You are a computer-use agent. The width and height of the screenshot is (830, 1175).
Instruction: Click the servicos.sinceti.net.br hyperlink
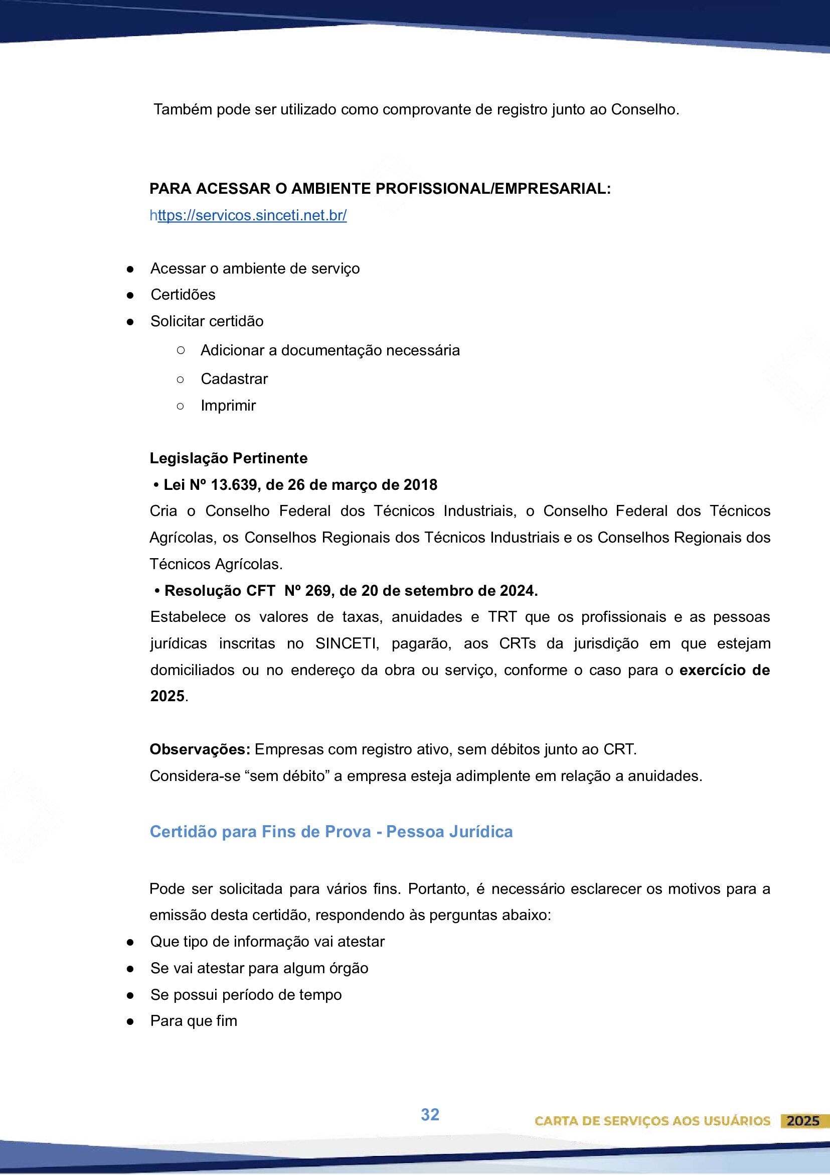[x=249, y=215]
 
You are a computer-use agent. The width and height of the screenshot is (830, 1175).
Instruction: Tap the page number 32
[x=430, y=1114]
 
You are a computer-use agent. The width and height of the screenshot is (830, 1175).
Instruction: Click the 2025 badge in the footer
[x=803, y=1121]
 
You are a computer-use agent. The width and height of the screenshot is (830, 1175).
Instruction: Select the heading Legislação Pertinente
[x=228, y=458]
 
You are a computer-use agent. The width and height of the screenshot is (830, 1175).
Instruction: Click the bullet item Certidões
[x=183, y=295]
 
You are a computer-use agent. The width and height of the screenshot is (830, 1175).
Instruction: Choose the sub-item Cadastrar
[x=234, y=379]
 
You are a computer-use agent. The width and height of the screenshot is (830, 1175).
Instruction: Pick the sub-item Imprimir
[x=228, y=406]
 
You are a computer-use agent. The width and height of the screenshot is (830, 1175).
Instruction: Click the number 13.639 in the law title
[x=234, y=485]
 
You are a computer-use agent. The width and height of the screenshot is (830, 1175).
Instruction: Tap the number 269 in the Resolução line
[x=317, y=591]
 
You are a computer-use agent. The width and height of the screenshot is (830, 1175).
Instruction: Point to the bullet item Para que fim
[x=194, y=1021]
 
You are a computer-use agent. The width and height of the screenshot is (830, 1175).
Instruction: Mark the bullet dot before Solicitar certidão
[x=130, y=322]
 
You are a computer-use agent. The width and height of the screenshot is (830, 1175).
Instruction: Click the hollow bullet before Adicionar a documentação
[x=180, y=350]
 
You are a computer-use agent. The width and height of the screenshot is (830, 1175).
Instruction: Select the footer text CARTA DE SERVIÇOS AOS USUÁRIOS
[x=652, y=1121]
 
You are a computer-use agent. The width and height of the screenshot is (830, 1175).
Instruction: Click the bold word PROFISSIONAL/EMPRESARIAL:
[x=493, y=189]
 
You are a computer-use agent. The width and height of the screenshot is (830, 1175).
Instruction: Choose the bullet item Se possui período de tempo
[x=246, y=994]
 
